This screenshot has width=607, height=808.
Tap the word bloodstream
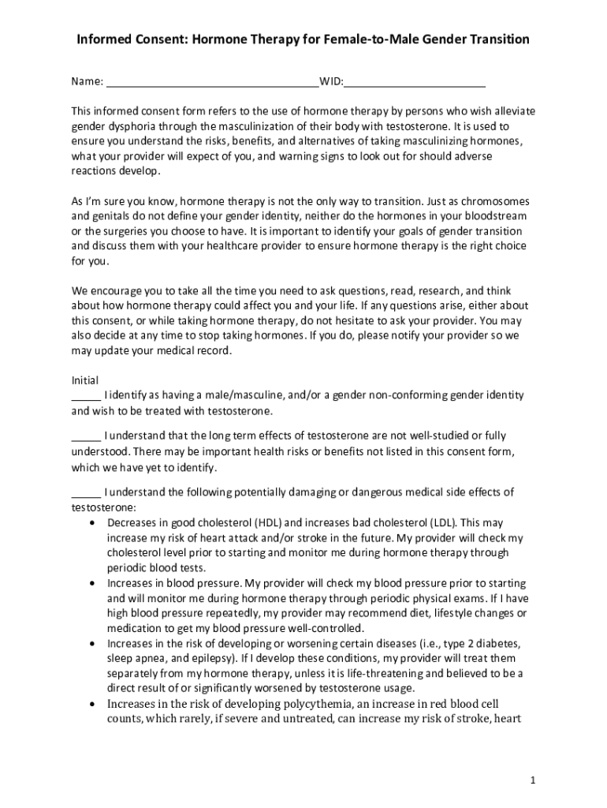(x=495, y=215)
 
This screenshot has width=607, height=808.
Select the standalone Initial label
(x=85, y=380)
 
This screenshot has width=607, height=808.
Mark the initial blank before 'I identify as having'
(x=86, y=395)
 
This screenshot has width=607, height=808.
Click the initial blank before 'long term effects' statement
(x=86, y=436)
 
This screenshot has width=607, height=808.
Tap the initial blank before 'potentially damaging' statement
(x=86, y=492)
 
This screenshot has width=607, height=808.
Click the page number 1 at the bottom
(x=533, y=780)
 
